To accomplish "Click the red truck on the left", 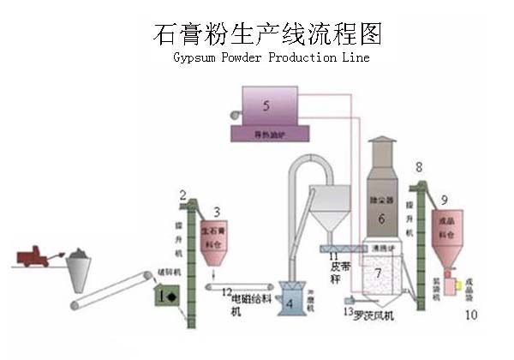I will pos(31,256).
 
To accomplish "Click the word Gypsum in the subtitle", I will pos(195,57).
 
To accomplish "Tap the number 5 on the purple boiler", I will pos(266,106).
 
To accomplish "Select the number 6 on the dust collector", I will pos(382,218).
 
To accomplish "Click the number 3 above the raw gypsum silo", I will pos(217,211).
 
